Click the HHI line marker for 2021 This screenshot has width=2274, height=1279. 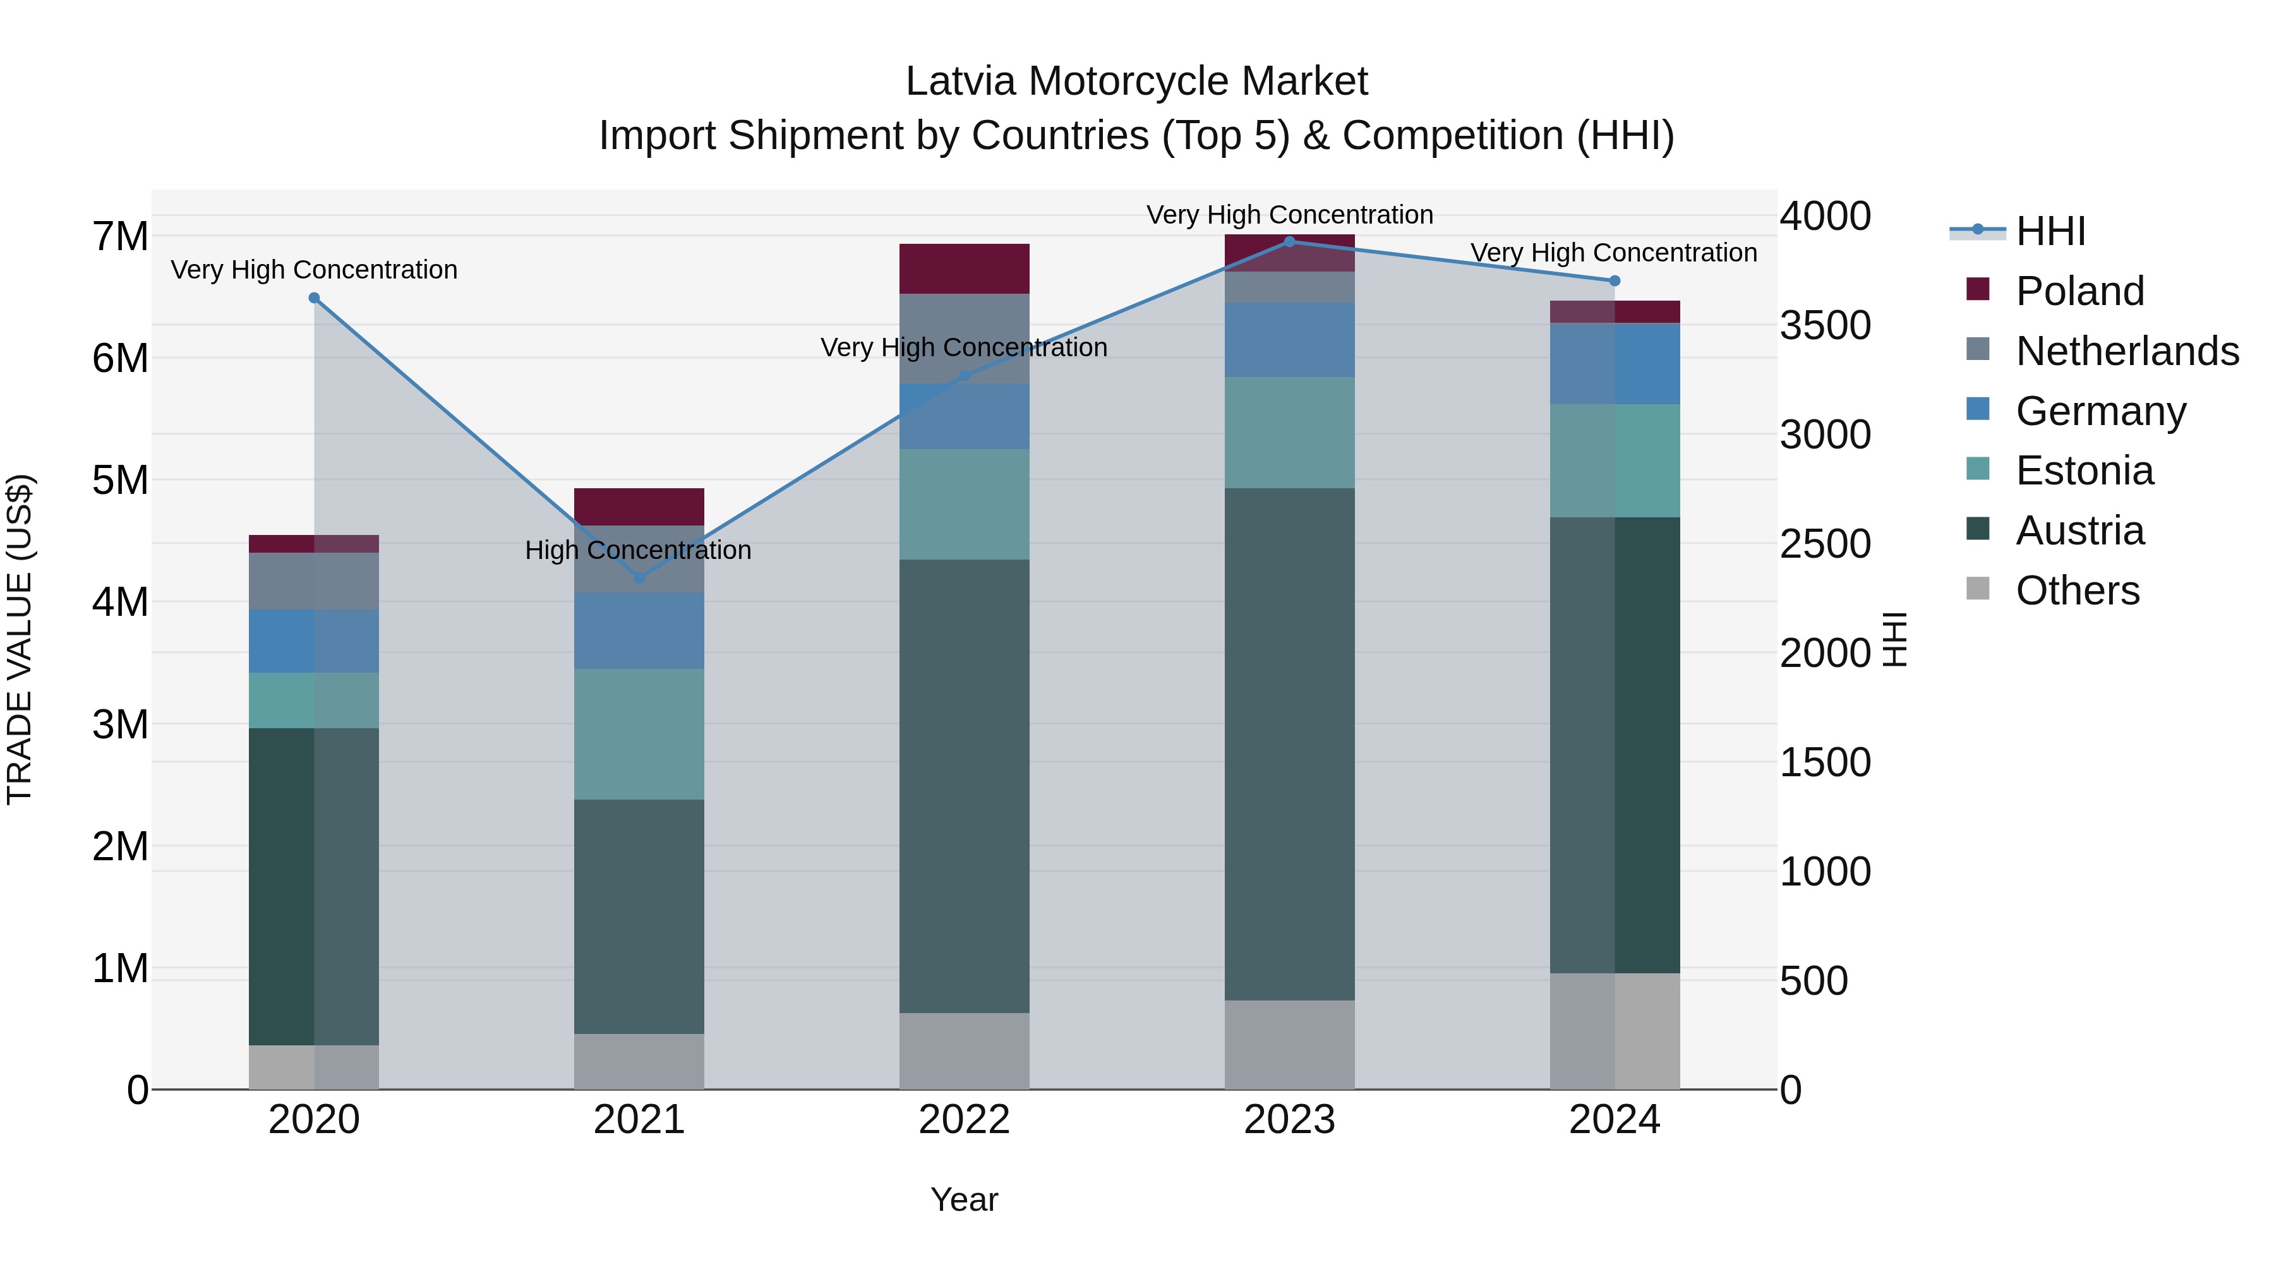pyautogui.click(x=639, y=577)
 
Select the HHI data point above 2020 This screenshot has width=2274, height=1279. pyautogui.click(x=315, y=298)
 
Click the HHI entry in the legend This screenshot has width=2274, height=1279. pyautogui.click(x=2050, y=231)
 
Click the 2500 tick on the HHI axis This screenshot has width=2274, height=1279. pyautogui.click(x=1824, y=544)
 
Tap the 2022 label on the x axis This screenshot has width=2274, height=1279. pyautogui.click(x=964, y=1120)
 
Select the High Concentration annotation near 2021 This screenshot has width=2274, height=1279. pyautogui.click(x=637, y=550)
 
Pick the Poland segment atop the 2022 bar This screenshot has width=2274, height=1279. pyautogui.click(x=964, y=268)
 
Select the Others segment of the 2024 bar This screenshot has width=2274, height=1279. pyautogui.click(x=1615, y=1031)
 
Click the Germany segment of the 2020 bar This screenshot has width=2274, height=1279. pyautogui.click(x=315, y=641)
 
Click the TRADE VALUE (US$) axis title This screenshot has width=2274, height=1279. pyautogui.click(x=20, y=639)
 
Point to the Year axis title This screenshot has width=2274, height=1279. pyautogui.click(x=964, y=1199)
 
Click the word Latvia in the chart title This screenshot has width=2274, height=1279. pyautogui.click(x=960, y=81)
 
